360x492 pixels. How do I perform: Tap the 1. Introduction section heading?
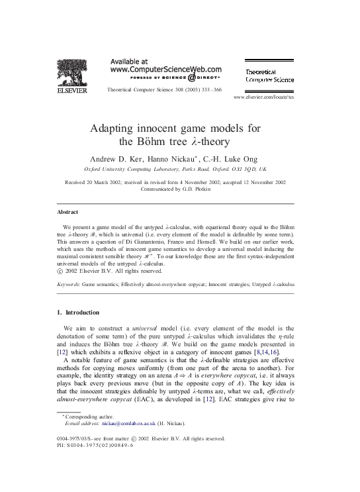click(x=78, y=312)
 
